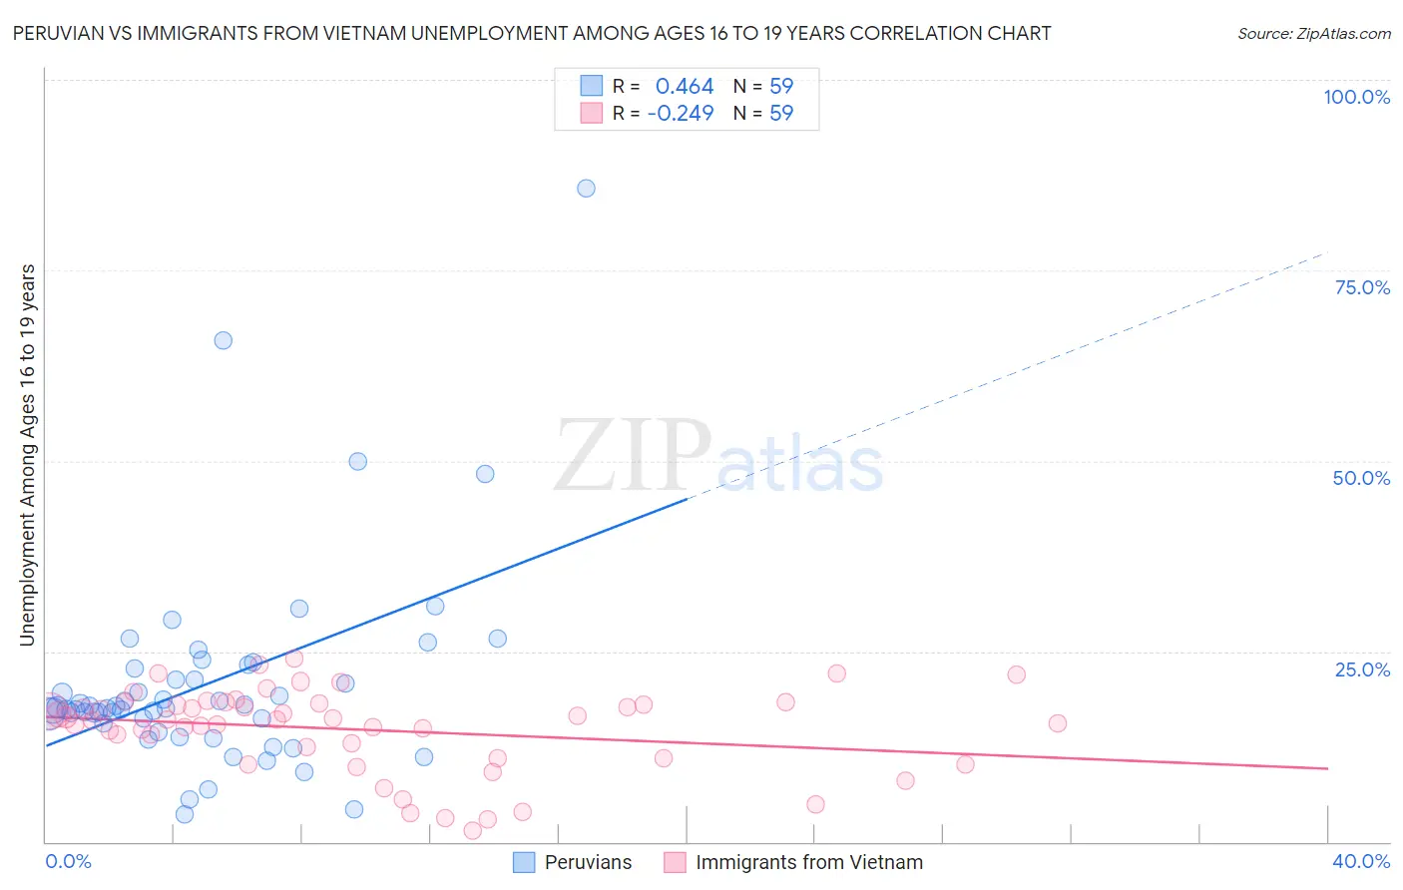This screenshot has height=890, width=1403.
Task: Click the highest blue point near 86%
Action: tap(586, 189)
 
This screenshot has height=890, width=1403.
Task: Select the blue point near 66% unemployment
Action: tap(224, 340)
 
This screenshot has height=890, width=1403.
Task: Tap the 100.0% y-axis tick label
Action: tap(1356, 97)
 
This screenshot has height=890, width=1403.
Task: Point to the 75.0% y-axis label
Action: tap(1362, 287)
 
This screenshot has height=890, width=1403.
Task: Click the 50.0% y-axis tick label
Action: tap(1361, 478)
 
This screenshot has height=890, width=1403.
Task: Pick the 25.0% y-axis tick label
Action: tap(1362, 669)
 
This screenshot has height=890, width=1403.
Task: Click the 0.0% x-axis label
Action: tap(68, 861)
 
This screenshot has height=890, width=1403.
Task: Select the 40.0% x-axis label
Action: tap(1361, 861)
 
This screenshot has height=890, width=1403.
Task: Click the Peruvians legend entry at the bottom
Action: tap(588, 862)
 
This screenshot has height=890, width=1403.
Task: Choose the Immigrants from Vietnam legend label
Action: tap(808, 862)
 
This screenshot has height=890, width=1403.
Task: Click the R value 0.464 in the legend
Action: tap(685, 87)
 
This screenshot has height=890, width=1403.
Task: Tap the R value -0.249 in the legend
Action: tap(681, 114)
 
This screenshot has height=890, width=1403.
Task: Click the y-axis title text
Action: tap(27, 455)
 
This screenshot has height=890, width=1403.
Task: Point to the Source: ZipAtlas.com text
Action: tap(1313, 34)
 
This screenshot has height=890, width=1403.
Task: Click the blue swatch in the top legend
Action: tap(592, 86)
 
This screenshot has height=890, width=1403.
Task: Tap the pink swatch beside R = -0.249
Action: tap(592, 114)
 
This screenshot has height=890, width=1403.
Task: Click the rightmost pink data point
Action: tap(1057, 723)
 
